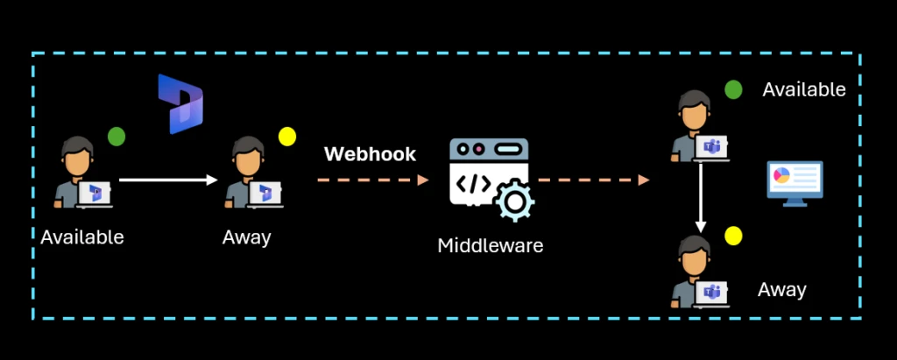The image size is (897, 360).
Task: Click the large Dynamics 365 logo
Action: (x=180, y=104)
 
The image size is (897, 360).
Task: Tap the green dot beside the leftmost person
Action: (x=116, y=137)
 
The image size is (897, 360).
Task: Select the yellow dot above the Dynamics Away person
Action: (x=286, y=137)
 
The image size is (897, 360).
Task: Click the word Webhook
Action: (x=370, y=155)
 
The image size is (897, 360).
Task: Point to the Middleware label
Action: (x=490, y=245)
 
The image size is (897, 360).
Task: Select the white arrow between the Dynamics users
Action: (x=167, y=180)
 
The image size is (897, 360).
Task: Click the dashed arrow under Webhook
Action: (x=372, y=180)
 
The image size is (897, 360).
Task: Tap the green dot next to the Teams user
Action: (x=732, y=89)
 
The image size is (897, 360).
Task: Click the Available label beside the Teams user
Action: (x=803, y=89)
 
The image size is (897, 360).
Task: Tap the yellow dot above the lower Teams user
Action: (x=733, y=236)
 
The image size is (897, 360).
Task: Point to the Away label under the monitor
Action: (x=781, y=290)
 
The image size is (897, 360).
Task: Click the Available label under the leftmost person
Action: (x=82, y=236)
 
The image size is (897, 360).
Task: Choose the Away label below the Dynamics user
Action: (x=247, y=236)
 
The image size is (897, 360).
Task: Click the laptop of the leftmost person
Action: (x=95, y=194)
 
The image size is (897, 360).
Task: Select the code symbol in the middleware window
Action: (x=470, y=184)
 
